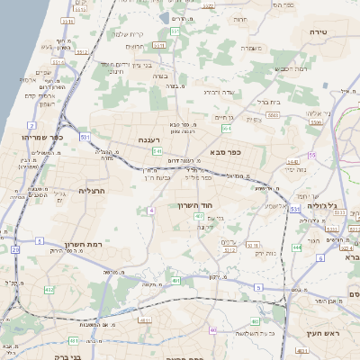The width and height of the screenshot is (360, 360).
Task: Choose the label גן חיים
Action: click(x=224, y=118)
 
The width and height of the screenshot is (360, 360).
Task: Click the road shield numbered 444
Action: click(x=297, y=247)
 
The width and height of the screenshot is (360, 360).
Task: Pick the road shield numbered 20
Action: click(x=15, y=248)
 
